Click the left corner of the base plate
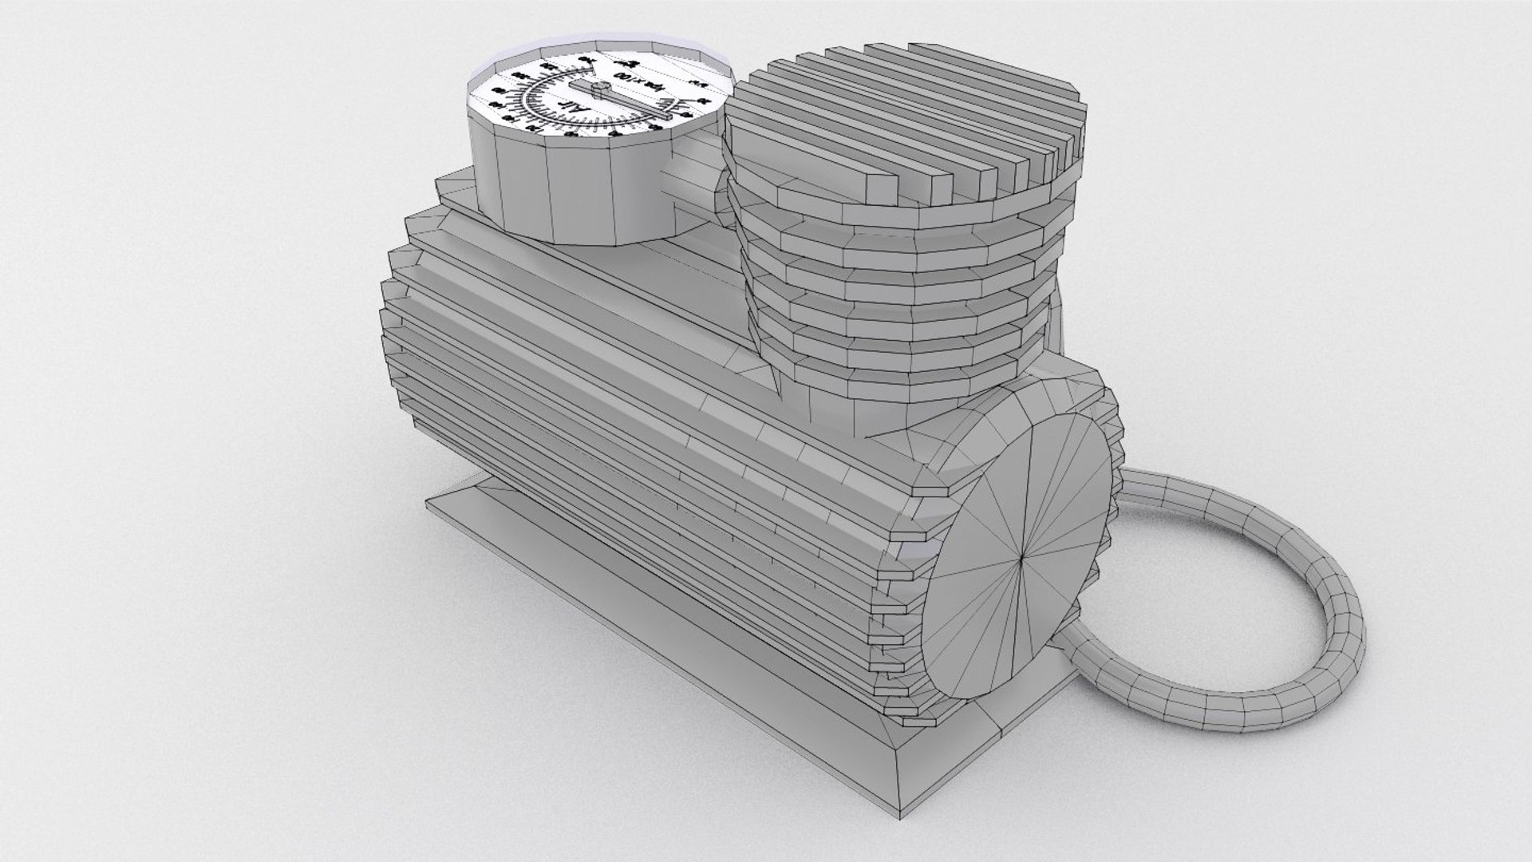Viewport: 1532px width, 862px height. pyautogui.click(x=428, y=500)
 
